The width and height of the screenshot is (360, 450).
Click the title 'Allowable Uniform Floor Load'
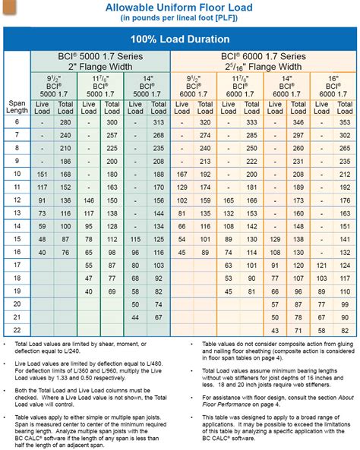tap(180, 7)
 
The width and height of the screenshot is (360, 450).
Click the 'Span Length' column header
tap(16, 108)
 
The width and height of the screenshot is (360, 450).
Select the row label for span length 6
tap(16, 122)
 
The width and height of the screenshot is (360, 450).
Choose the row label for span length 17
tap(16, 265)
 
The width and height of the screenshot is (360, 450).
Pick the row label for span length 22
tap(16, 330)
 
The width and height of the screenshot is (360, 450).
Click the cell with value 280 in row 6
tap(65, 122)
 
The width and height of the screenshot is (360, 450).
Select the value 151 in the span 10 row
tap(43, 174)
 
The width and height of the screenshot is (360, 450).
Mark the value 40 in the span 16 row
tap(43, 252)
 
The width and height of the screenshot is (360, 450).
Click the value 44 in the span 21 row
tap(275, 317)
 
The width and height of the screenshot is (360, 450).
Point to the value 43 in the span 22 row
tap(275, 330)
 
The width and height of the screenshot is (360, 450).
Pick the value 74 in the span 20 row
tap(158, 304)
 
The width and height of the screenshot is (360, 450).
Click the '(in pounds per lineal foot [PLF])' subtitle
tap(180, 18)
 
